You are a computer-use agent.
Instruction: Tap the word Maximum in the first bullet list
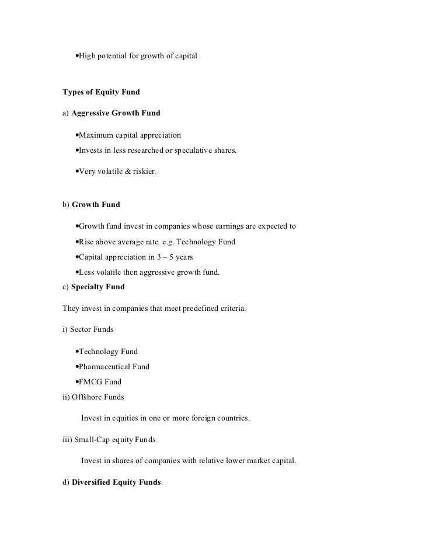[x=97, y=136]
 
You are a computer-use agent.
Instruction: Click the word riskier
[x=145, y=172]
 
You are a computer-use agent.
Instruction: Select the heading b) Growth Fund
[x=91, y=205]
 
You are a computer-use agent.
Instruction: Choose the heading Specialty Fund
[x=97, y=287]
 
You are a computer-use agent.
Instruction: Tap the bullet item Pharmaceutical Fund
[x=114, y=367]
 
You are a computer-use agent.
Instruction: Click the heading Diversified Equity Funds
[x=116, y=482]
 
